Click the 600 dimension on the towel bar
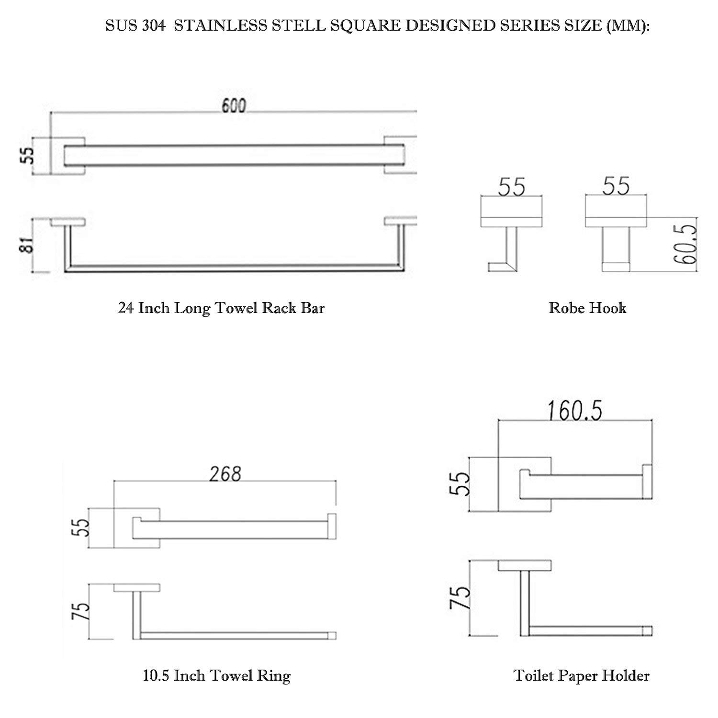pos(234,106)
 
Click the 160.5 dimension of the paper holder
pos(575,411)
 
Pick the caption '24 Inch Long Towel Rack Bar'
pos(221,308)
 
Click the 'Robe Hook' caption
pos(587,308)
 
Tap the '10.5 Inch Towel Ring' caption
pos(216,675)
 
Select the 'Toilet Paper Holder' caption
pos(581,675)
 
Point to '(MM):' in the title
pos(628,26)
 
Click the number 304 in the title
pos(154,26)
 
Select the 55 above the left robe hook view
pos(512,187)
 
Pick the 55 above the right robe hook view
pos(617,187)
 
